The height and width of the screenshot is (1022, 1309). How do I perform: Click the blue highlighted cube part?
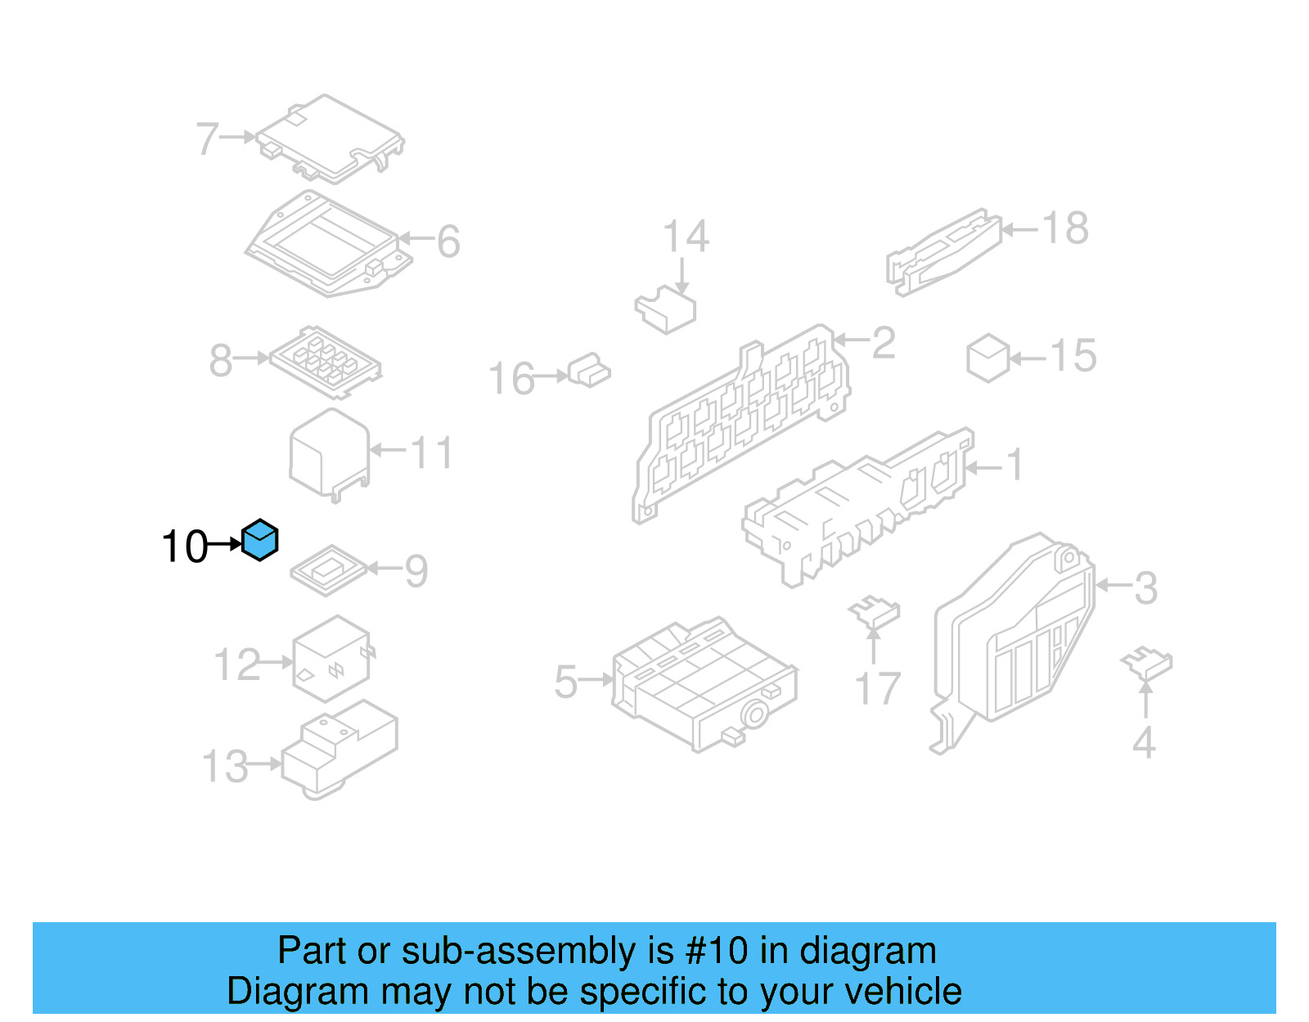pyautogui.click(x=259, y=539)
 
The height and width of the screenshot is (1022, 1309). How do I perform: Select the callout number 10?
pyautogui.click(x=185, y=547)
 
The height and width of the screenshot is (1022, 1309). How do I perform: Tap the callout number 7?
pyautogui.click(x=207, y=138)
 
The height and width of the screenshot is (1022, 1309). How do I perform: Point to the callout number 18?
pyautogui.click(x=1065, y=228)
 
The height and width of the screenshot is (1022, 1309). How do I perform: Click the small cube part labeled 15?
pyautogui.click(x=987, y=358)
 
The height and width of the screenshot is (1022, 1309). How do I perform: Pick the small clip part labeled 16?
pyautogui.click(x=589, y=371)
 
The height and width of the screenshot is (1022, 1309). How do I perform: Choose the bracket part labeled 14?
pyautogui.click(x=665, y=309)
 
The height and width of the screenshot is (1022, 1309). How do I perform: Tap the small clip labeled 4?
pyautogui.click(x=1146, y=663)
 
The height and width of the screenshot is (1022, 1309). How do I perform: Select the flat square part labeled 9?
pyautogui.click(x=329, y=571)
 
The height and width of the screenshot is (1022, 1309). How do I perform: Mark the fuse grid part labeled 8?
pyautogui.click(x=326, y=362)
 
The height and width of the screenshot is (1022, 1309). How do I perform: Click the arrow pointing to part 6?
pyautogui.click(x=416, y=238)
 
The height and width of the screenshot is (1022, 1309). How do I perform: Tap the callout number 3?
pyautogui.click(x=1145, y=588)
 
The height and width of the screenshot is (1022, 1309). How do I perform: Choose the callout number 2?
pyautogui.click(x=883, y=343)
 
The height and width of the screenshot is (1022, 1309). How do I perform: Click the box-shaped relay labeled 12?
pyautogui.click(x=332, y=659)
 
